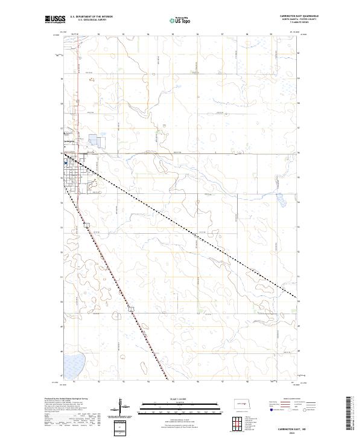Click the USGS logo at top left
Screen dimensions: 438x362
pyautogui.click(x=55, y=20)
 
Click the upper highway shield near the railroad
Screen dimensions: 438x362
pyautogui.click(x=87, y=225)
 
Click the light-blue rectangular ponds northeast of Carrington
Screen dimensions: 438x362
pyautogui.click(x=96, y=140)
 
